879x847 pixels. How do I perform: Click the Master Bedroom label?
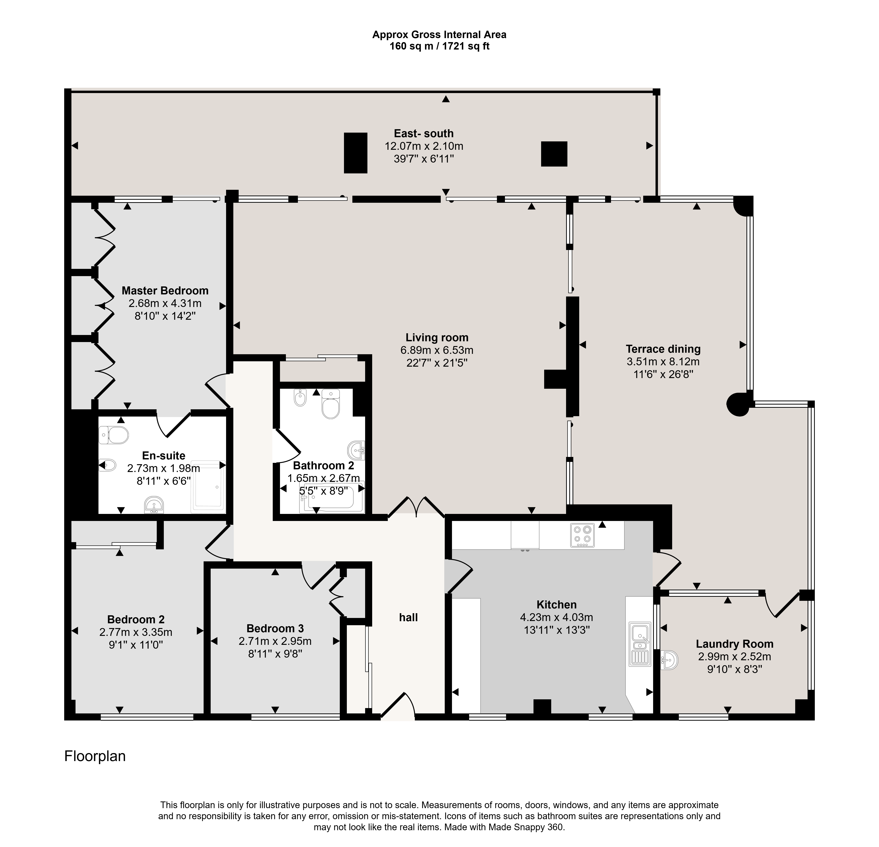[x=165, y=291]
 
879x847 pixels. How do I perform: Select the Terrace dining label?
[x=663, y=349]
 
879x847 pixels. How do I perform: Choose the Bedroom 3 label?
[x=275, y=628]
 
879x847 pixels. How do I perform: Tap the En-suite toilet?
[x=114, y=435]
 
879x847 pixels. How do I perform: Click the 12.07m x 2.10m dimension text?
[x=424, y=146]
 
